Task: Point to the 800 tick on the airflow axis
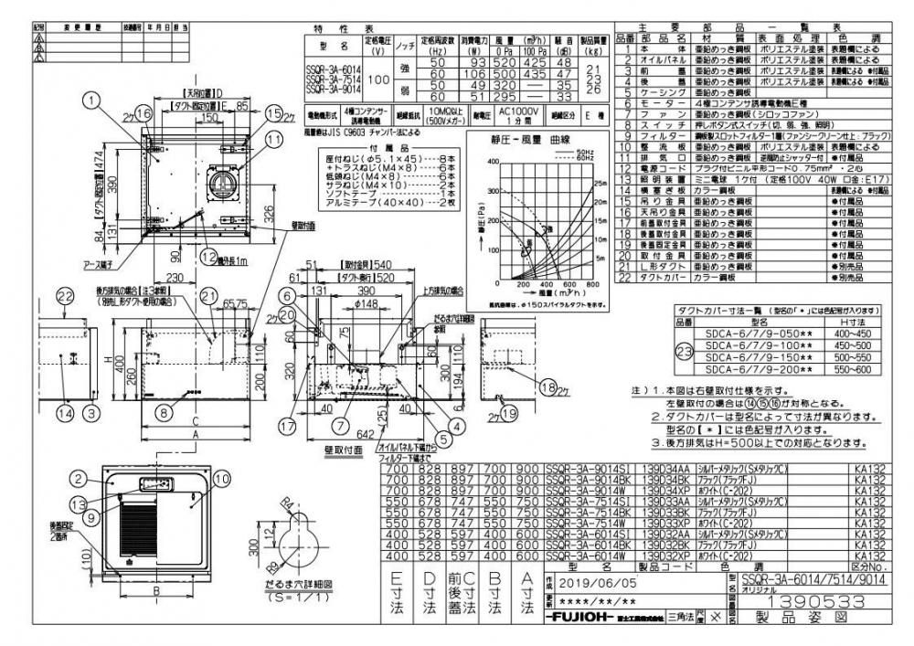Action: pyautogui.click(x=593, y=283)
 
